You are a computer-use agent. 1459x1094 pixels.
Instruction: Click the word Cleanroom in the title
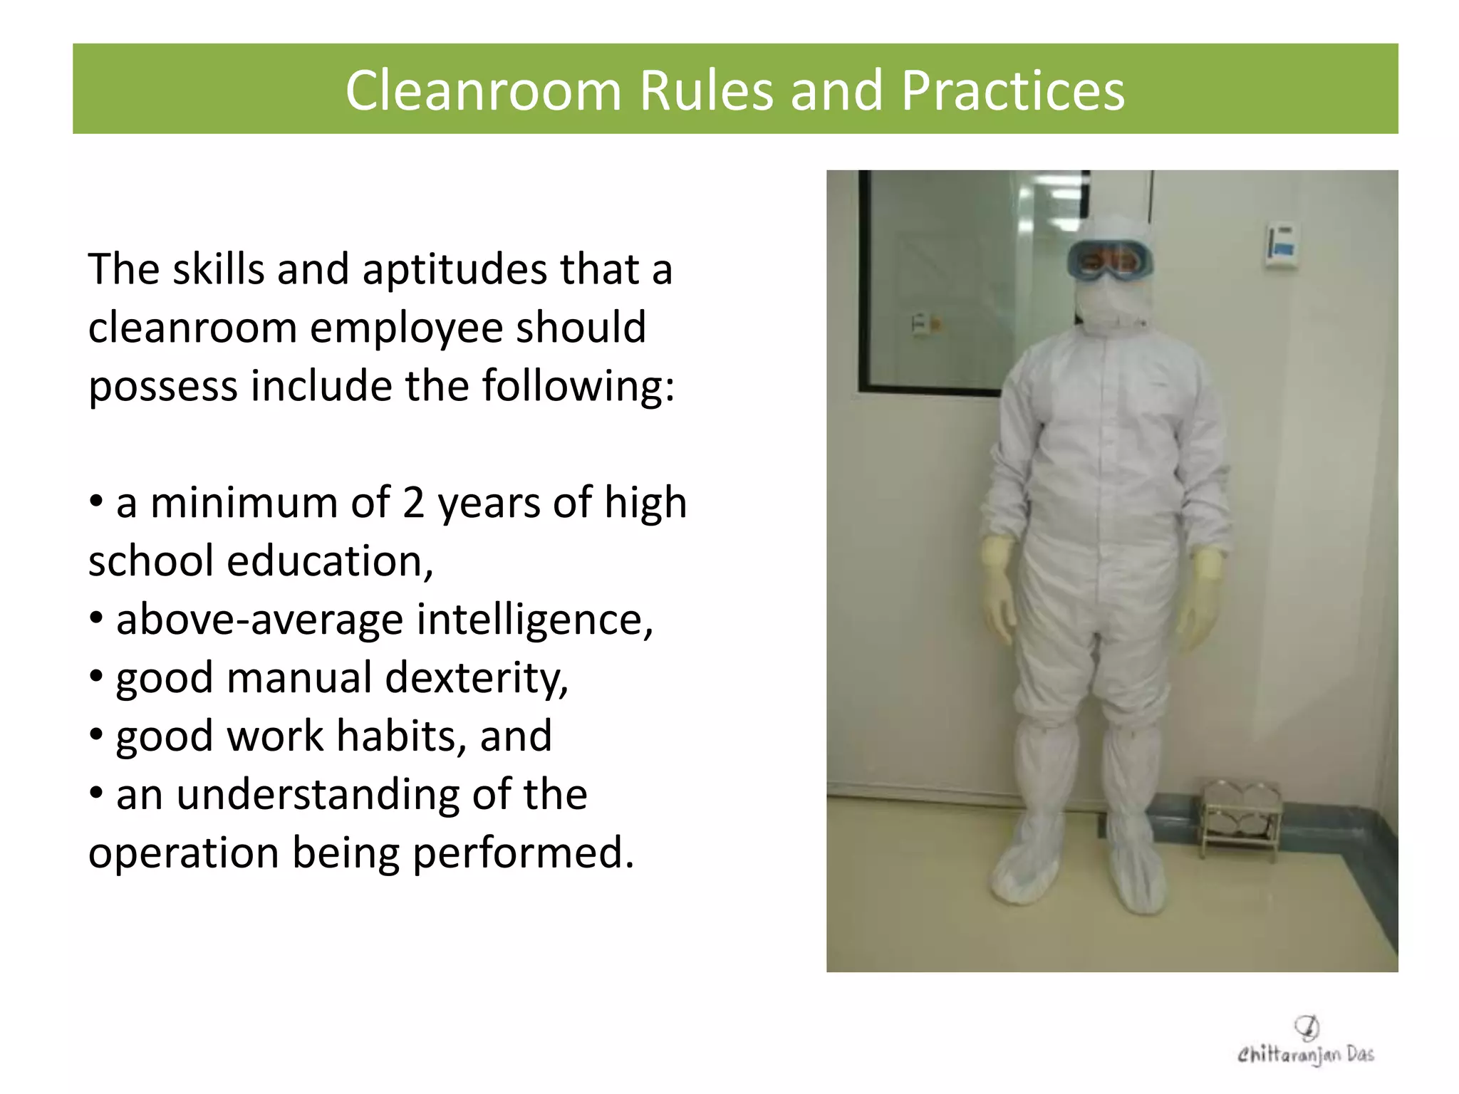coord(484,91)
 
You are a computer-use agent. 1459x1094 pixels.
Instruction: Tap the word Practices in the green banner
coord(1012,91)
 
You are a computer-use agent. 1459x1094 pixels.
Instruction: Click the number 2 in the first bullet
coord(413,503)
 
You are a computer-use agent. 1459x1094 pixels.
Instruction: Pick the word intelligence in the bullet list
coord(534,620)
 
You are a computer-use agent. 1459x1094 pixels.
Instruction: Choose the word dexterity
coord(476,678)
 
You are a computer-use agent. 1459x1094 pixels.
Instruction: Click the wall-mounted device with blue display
coord(1280,246)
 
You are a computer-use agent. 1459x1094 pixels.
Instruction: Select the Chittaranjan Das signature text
coord(1305,1055)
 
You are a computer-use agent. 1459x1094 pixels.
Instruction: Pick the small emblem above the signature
coord(1307,1027)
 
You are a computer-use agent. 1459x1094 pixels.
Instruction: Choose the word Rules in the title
coord(706,91)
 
